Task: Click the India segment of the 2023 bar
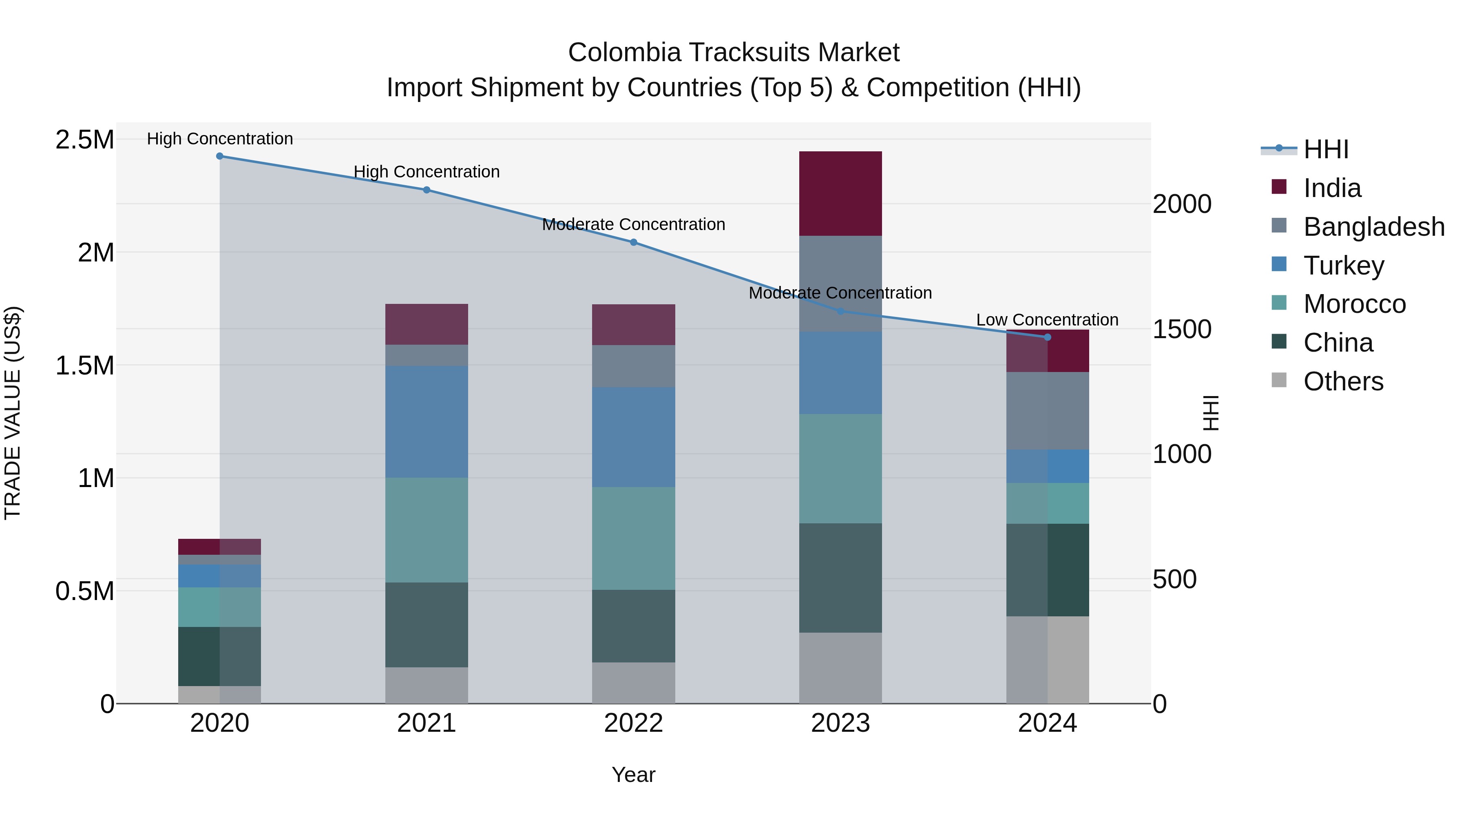click(840, 193)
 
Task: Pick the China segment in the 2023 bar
click(840, 578)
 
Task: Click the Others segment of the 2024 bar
click(1048, 660)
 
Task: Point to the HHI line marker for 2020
click(220, 156)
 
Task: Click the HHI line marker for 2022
click(633, 242)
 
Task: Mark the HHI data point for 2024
click(1048, 337)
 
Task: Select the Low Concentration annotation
click(1048, 320)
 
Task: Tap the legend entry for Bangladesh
click(1373, 227)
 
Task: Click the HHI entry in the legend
click(1326, 149)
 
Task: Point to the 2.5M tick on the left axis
click(84, 140)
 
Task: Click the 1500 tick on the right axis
click(1182, 330)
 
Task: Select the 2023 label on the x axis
click(840, 723)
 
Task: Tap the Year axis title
click(633, 775)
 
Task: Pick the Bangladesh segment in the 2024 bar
click(1048, 410)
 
